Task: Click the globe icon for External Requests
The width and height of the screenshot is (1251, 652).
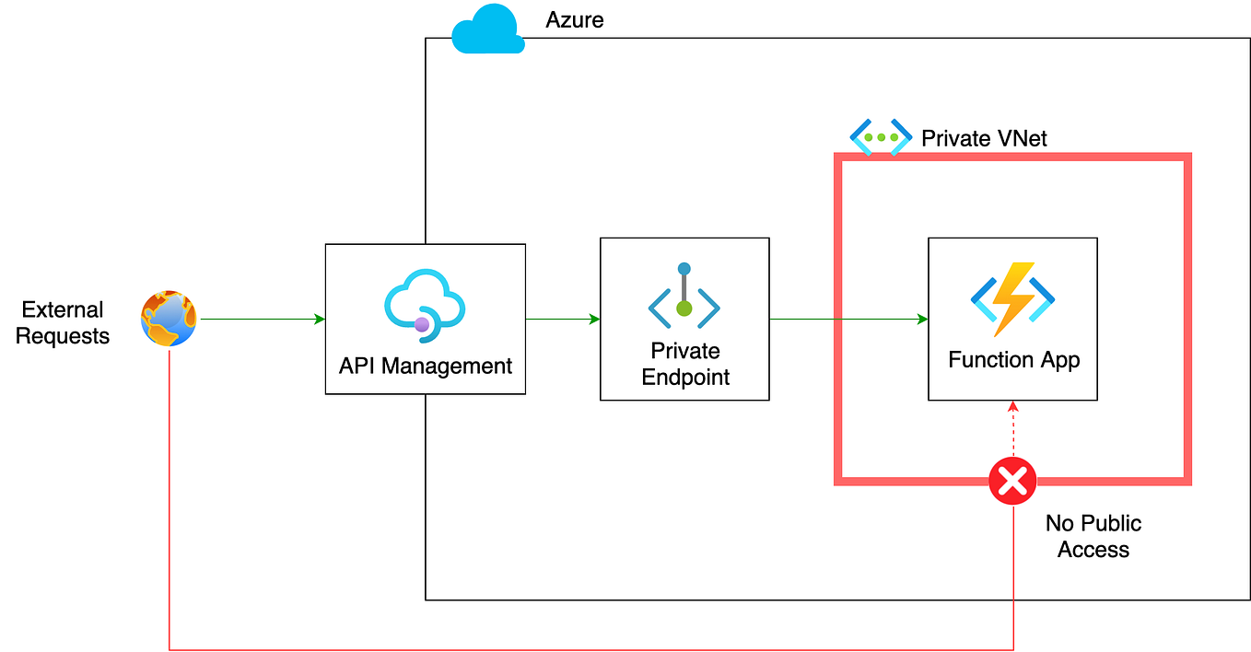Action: (x=169, y=319)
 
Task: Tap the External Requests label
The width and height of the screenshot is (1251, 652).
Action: (x=63, y=322)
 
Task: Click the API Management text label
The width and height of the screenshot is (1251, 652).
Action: (x=425, y=366)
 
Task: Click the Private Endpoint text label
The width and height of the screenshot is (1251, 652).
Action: (x=684, y=364)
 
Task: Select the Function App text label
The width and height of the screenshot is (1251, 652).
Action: (x=1013, y=359)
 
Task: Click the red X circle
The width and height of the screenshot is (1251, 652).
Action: (x=1012, y=481)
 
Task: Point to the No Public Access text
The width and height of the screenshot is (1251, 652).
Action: (x=1093, y=536)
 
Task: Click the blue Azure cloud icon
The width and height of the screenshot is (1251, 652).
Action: (x=487, y=29)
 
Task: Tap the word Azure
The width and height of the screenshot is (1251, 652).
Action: (x=575, y=19)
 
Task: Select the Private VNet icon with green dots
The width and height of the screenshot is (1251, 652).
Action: (x=880, y=137)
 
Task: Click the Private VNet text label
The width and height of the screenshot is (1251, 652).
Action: (x=984, y=139)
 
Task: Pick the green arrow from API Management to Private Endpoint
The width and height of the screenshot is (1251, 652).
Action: (x=562, y=320)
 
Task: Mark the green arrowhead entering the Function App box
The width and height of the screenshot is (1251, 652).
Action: (x=921, y=320)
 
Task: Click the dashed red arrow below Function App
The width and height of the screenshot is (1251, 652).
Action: (x=1012, y=428)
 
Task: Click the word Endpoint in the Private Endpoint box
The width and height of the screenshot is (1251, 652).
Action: (x=685, y=377)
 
